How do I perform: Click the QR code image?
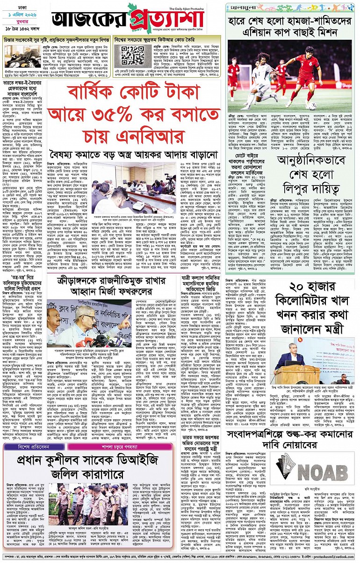point(133,56)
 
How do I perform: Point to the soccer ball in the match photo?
point(312,106)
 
